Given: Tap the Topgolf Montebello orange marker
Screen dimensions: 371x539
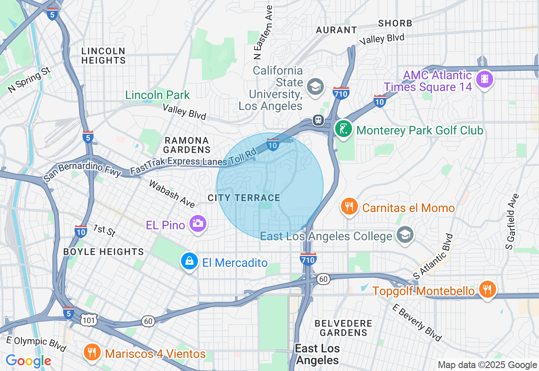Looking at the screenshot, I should click(487, 290).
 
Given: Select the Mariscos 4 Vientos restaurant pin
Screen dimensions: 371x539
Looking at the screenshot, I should click(91, 352).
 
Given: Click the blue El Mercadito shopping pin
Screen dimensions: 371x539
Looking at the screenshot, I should click(189, 261).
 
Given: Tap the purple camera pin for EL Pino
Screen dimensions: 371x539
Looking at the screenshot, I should click(197, 223).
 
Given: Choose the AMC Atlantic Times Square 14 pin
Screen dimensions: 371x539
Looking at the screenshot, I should click(485, 79).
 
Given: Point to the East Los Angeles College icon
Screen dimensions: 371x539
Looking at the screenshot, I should click(405, 235).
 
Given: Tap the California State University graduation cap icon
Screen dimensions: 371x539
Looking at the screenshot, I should click(315, 86).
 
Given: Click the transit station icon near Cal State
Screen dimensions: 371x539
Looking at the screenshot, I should click(318, 121).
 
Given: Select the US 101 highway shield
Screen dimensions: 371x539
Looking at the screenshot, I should click(90, 320).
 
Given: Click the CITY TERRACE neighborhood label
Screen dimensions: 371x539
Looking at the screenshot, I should click(244, 198).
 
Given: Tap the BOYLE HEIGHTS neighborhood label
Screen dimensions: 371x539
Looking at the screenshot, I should click(104, 252).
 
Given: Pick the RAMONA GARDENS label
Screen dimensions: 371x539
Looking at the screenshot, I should click(187, 145).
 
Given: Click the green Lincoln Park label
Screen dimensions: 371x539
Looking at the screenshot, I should click(157, 95).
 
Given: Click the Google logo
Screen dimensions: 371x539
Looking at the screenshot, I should click(28, 361).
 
